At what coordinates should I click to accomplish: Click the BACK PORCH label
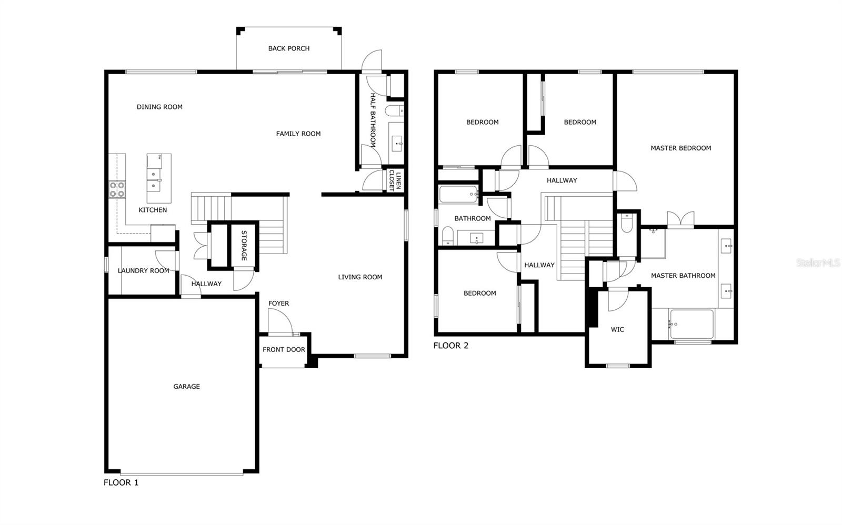pos(288,48)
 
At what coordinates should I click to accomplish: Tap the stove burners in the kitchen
pos(117,189)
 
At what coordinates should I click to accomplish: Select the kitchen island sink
pos(154,179)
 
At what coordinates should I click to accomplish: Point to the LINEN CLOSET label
pos(395,181)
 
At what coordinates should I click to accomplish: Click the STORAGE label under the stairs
pos(244,245)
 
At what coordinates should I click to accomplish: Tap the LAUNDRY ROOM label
pos(143,271)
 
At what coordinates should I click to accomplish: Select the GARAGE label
pos(186,387)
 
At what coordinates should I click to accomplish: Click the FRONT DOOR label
pos(284,350)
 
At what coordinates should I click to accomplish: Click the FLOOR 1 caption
pos(121,482)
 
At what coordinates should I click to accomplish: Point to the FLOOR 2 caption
pos(450,346)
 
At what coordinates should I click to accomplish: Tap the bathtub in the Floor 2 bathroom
pos(458,195)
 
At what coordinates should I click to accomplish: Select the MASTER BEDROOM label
pos(680,148)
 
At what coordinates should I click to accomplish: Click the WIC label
pos(617,330)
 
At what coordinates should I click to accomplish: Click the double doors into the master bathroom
pos(680,219)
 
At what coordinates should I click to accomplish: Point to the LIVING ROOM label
pos(360,277)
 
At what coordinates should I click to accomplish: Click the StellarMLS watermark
pos(818,262)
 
